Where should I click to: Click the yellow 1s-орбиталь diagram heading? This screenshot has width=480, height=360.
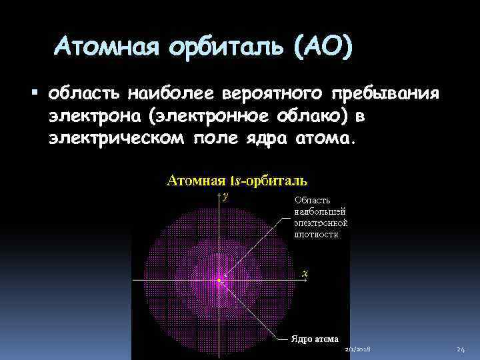pos(236,180)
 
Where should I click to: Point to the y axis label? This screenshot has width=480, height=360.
pos(226,196)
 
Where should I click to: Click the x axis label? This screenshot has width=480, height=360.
pos(305,273)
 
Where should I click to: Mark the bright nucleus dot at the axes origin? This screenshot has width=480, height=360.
pos(219,281)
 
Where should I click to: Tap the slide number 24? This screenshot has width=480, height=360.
pos(460,350)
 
